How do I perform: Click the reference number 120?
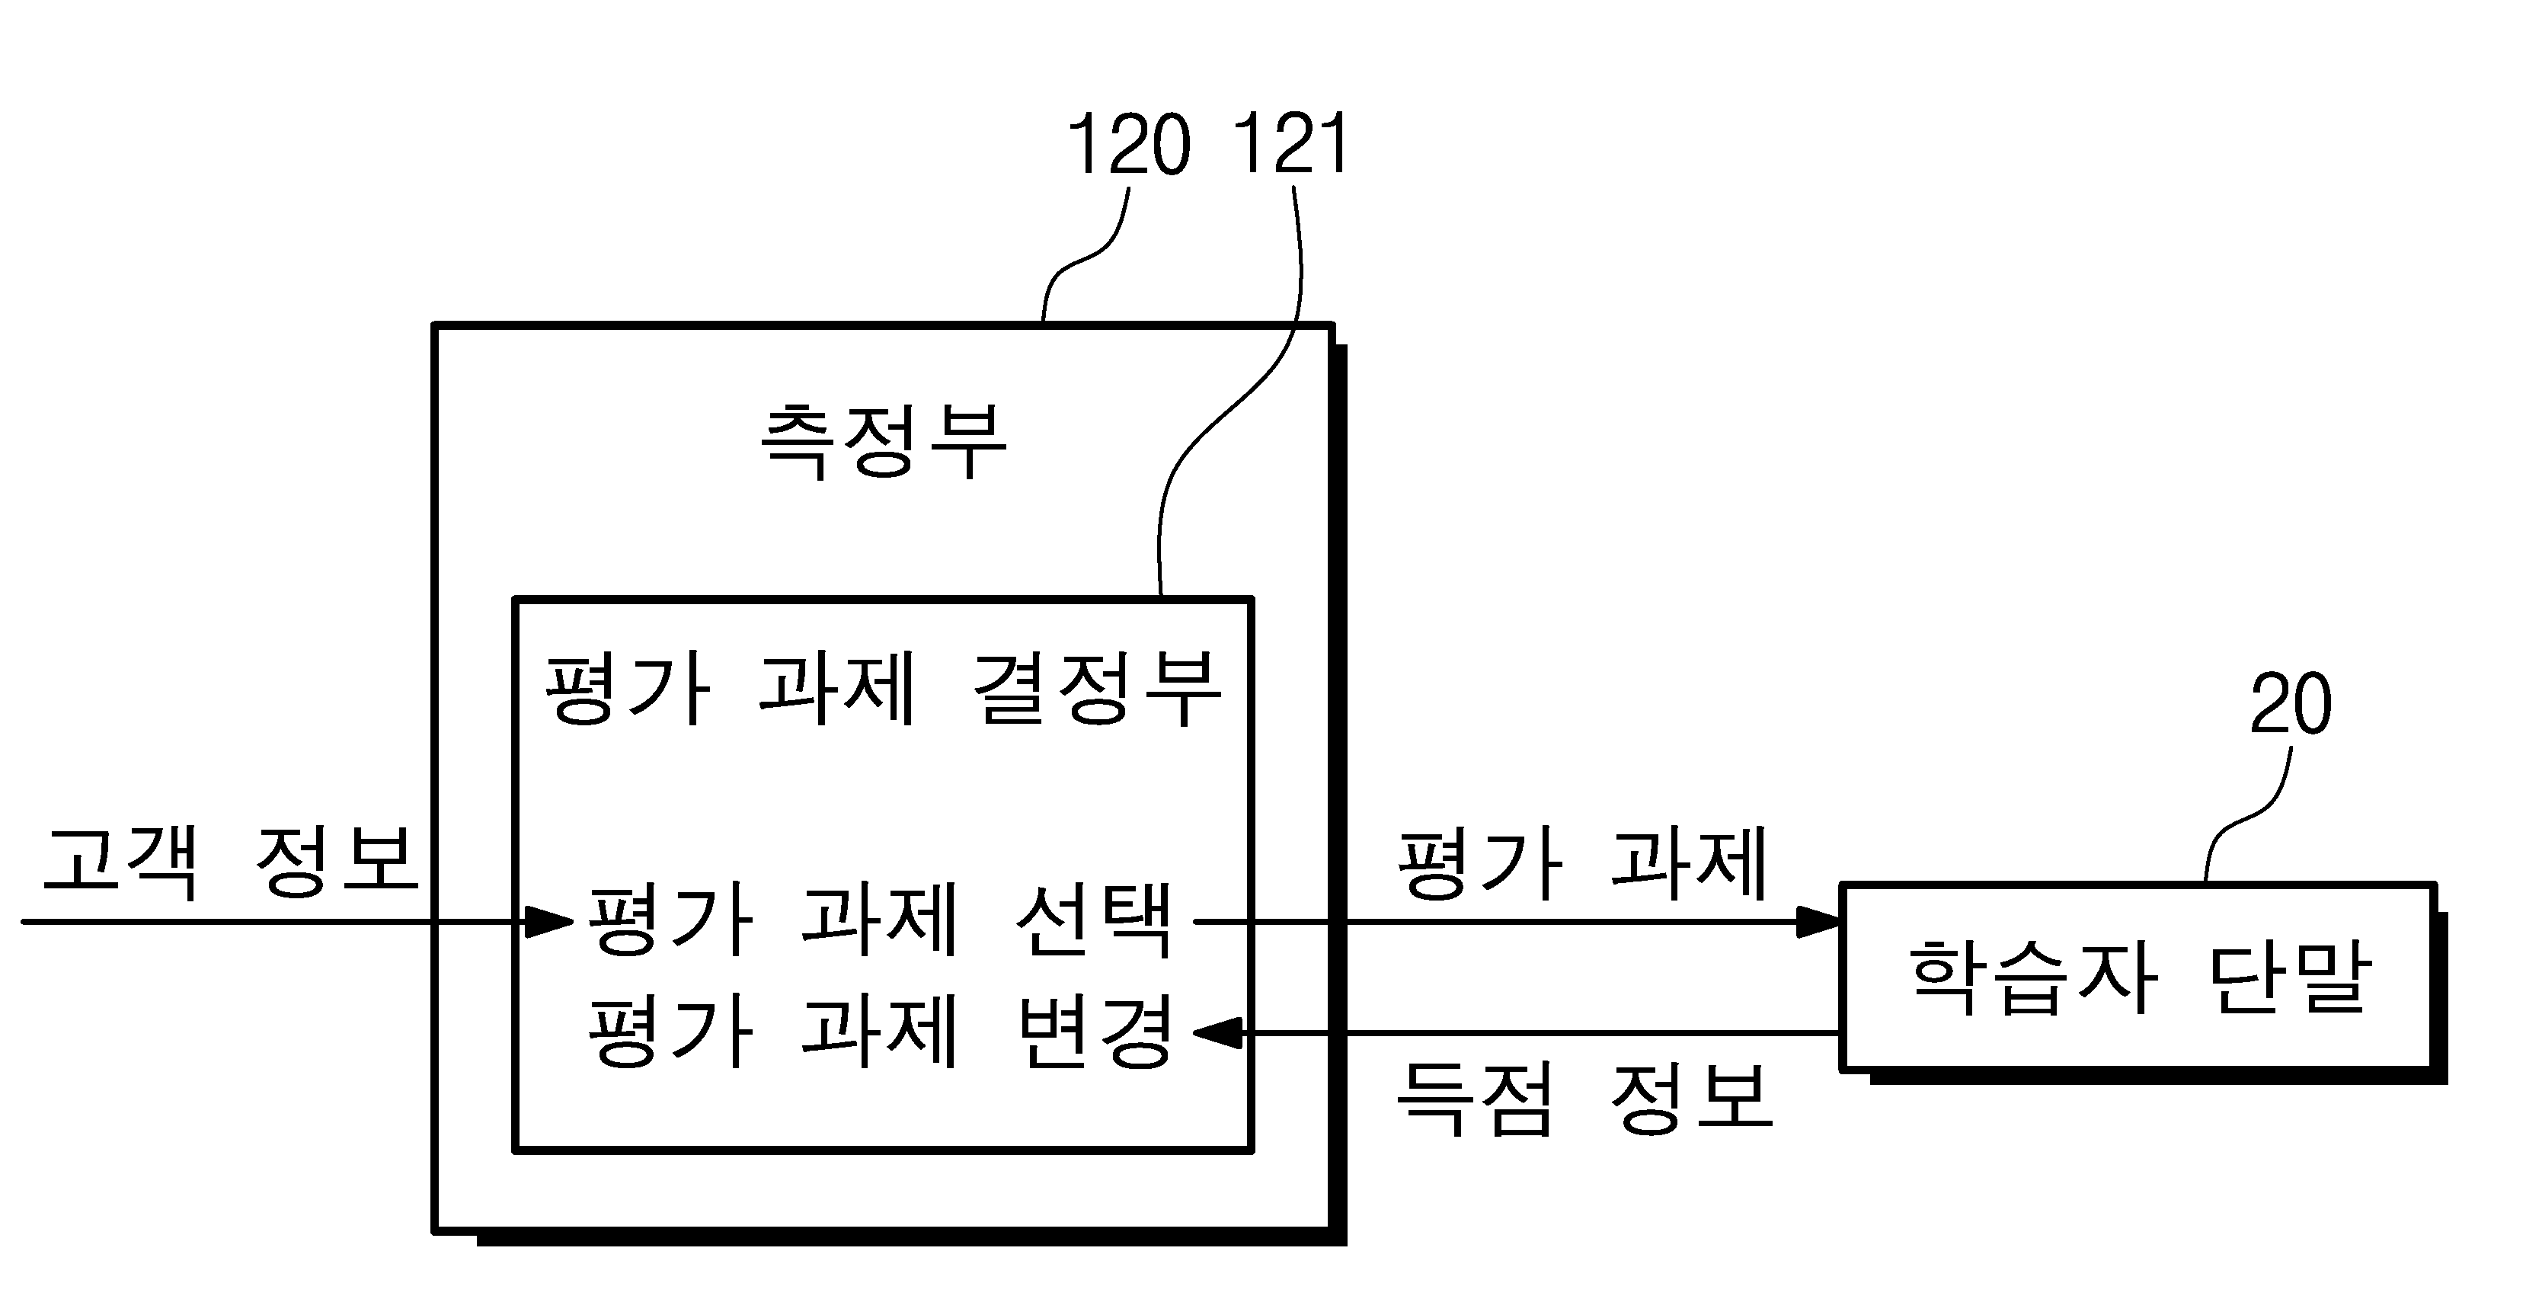[1129, 144]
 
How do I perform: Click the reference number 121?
[1290, 144]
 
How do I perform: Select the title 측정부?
[883, 440]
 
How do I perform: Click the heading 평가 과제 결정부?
[883, 687]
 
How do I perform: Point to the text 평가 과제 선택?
[881, 919]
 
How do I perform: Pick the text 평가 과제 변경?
[881, 1031]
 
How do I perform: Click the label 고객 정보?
[231, 860]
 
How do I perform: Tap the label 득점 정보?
[1584, 1098]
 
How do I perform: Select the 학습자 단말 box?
[2138, 977]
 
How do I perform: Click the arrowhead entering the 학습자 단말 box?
[1818, 922]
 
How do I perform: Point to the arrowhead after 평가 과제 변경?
[1218, 1034]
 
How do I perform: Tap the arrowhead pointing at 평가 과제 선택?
[548, 922]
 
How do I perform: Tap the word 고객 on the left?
[120, 860]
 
